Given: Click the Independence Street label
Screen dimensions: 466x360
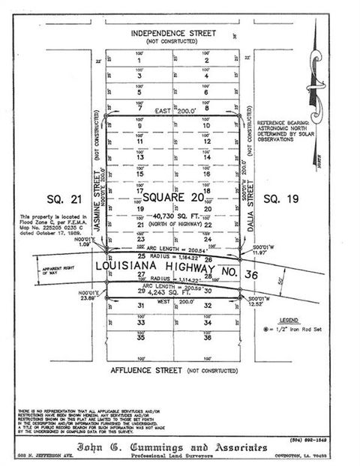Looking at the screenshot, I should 172,33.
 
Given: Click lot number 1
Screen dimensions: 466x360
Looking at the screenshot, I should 139,61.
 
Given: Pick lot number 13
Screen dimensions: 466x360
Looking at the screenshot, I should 139,157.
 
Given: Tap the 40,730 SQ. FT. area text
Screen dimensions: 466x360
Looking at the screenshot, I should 173,217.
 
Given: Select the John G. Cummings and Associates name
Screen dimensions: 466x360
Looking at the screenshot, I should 173,447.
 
